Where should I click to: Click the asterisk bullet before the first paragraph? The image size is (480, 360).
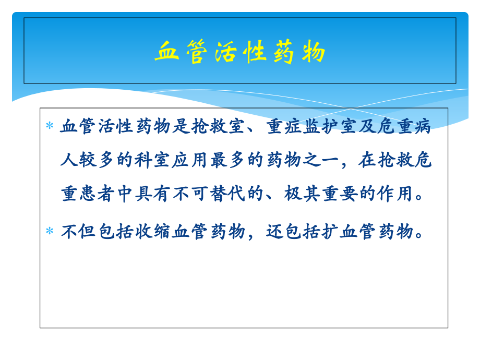pyautogui.click(x=50, y=126)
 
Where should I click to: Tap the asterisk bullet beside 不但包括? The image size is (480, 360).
pyautogui.click(x=50, y=231)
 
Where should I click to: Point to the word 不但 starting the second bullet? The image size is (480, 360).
pyautogui.click(x=79, y=231)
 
